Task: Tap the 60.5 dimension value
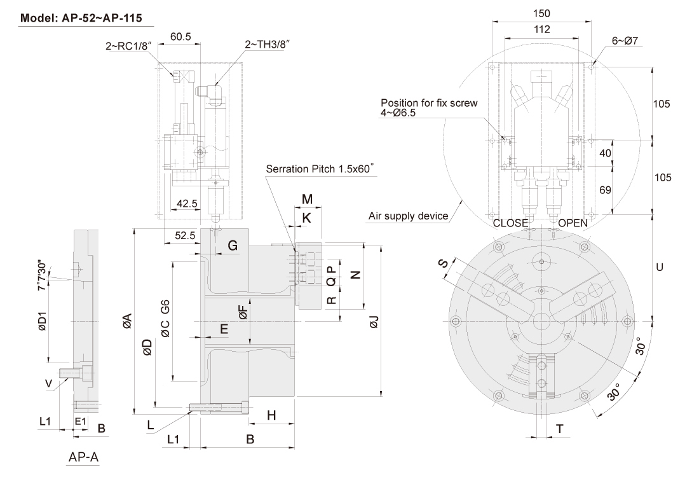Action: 181,37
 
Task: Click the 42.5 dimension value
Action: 187,204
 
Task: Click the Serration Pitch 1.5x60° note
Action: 320,169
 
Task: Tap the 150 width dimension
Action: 542,13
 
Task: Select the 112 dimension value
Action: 541,29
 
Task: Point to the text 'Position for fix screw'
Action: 429,102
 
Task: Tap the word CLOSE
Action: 510,223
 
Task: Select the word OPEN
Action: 573,223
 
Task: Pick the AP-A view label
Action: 83,457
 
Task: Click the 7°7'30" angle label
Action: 43,275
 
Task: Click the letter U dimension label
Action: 660,268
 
